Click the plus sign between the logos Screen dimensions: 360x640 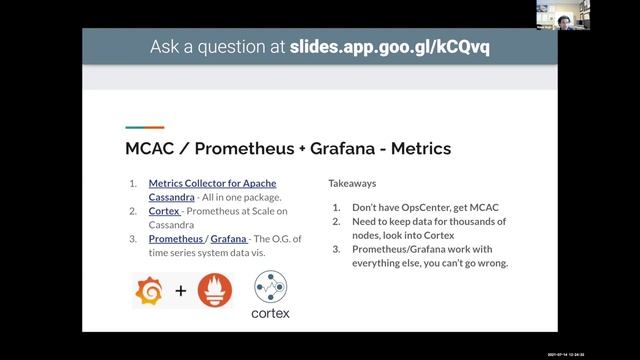[x=181, y=293]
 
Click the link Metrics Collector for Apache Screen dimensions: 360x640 [x=212, y=184]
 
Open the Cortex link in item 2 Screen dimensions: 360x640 [x=165, y=212]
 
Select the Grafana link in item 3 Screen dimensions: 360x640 [x=230, y=240]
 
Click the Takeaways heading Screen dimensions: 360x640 [x=353, y=184]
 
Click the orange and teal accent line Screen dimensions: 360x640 [x=144, y=127]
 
